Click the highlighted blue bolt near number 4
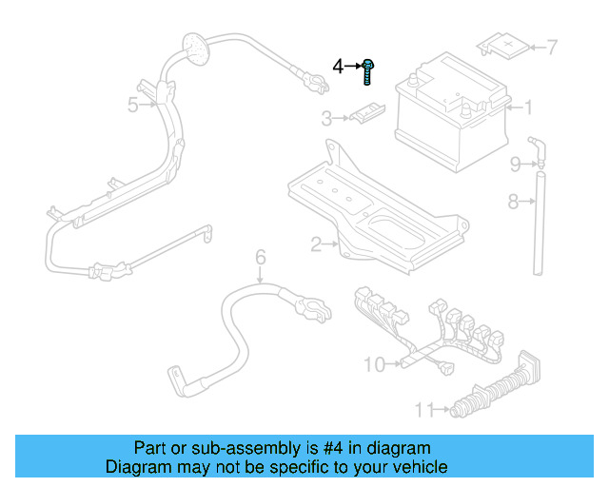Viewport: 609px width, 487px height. tap(369, 70)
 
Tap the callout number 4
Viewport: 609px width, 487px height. tap(338, 67)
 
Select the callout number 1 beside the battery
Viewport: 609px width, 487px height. tap(529, 107)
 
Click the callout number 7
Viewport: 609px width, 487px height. tap(552, 46)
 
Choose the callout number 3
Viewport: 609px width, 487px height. tap(325, 118)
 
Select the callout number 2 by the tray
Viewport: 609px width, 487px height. tap(316, 245)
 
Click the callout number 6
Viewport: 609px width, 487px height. tap(260, 255)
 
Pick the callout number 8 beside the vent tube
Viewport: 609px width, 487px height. tap(512, 202)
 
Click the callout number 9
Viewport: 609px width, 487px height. tap(515, 165)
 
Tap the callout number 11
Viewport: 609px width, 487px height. tap(424, 410)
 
